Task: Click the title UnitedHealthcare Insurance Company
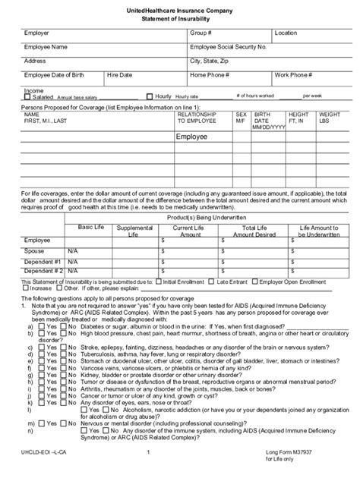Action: pyautogui.click(x=180, y=10)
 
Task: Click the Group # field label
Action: pyautogui.click(x=201, y=34)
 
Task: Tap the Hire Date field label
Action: pyautogui.click(x=119, y=75)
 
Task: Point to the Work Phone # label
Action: pyautogui.click(x=293, y=75)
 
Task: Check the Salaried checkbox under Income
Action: pyautogui.click(x=28, y=97)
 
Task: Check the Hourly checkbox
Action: pyautogui.click(x=150, y=97)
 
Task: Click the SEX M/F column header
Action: pyautogui.click(x=241, y=117)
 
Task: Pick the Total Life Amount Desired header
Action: pyautogui.click(x=248, y=231)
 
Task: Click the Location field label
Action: pyautogui.click(x=286, y=34)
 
